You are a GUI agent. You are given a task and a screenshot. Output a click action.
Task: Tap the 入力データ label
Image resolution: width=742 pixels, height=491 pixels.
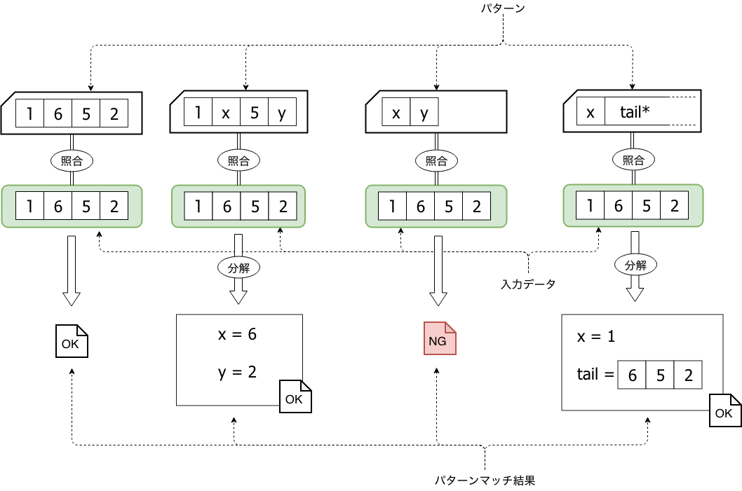pos(527,284)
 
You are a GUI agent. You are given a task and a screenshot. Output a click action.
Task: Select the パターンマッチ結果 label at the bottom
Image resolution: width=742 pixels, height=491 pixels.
pos(485,480)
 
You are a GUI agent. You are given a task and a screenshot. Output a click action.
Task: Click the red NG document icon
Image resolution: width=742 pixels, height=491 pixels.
pos(440,339)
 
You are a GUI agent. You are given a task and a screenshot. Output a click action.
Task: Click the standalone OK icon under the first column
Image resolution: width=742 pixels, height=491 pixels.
pos(72,341)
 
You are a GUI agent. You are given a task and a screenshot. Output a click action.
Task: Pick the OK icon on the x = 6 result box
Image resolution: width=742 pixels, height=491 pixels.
pos(295,396)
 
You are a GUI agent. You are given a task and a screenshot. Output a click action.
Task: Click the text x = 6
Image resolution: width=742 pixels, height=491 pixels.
pos(237,335)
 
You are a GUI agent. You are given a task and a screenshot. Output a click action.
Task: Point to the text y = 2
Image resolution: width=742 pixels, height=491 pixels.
pos(237,372)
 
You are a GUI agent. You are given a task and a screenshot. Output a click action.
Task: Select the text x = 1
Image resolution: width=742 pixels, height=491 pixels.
pos(596,336)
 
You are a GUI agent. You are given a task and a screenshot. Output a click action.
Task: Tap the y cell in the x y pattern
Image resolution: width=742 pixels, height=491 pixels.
pos(424,113)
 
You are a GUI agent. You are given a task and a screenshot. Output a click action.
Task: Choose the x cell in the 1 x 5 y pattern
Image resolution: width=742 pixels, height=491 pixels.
pos(226,113)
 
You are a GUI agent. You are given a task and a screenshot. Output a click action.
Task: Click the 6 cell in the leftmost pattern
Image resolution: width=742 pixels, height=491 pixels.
pos(58,113)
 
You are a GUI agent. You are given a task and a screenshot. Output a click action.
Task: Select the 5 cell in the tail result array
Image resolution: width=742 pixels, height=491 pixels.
pos(660,375)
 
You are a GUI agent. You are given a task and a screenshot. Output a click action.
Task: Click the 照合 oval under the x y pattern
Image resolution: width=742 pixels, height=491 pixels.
pos(437,160)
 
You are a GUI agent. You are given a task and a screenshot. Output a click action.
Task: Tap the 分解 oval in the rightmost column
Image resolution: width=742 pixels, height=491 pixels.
pos(635,265)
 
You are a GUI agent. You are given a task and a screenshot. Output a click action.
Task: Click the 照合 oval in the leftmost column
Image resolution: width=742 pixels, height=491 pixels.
pos(72,160)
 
